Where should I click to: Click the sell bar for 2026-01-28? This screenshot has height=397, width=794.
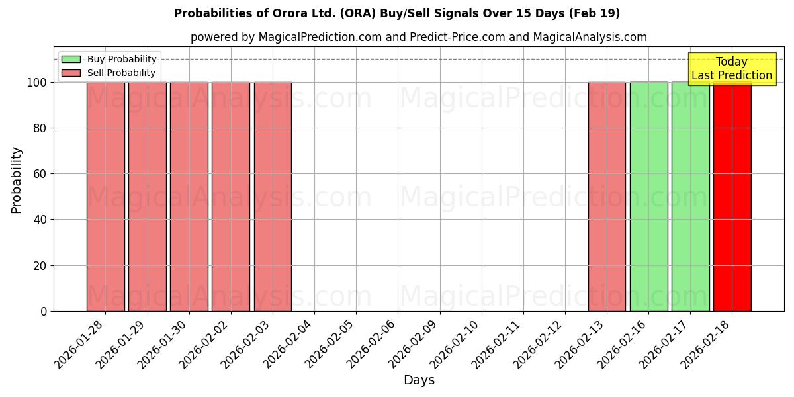pos(106,197)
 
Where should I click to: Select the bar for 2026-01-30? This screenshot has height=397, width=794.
pos(189,197)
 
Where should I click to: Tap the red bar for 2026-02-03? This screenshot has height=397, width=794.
pos(273,197)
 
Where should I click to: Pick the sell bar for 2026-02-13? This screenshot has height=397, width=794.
pos(607,197)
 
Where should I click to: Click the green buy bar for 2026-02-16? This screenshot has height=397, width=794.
pos(648,197)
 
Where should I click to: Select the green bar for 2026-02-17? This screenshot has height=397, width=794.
pos(690,197)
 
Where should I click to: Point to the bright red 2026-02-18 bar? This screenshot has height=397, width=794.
pos(732,197)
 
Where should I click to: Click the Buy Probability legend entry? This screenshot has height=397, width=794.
pos(109,59)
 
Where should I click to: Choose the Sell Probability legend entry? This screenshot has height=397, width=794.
pos(109,73)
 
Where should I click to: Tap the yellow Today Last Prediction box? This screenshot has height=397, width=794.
pos(731,69)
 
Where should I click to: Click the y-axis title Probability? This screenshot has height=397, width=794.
pos(17,180)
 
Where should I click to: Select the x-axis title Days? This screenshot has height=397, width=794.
pos(419,380)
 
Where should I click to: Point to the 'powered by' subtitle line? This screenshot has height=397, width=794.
pos(418,37)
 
